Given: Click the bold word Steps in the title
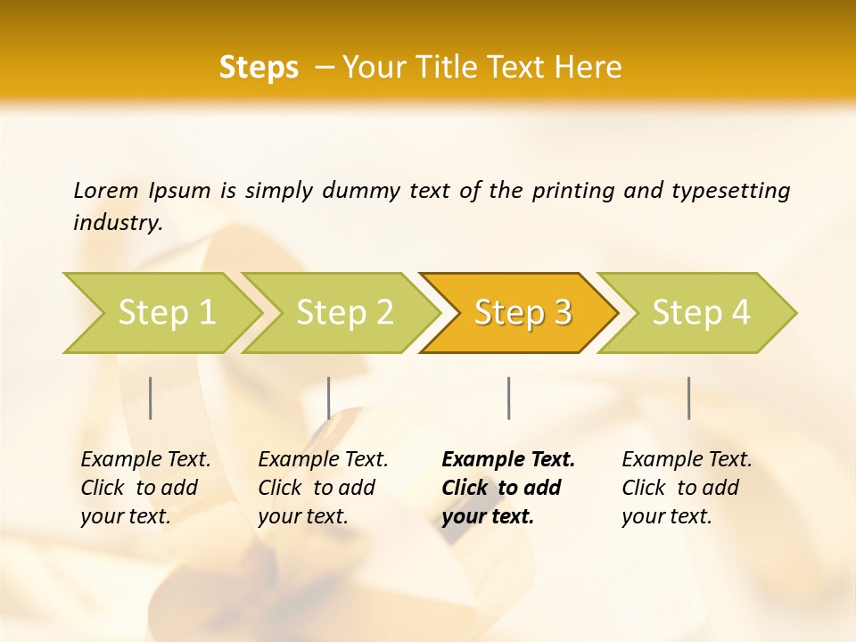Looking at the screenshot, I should click(x=259, y=68).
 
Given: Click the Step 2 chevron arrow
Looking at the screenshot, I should click(x=343, y=313).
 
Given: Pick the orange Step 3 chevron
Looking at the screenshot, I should click(x=522, y=313).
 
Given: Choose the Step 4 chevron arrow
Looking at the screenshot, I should click(x=700, y=313).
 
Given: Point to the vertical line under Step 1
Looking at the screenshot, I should click(x=151, y=398).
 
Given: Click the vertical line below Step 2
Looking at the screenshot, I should click(x=329, y=398).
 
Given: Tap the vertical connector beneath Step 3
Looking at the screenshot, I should click(x=508, y=398).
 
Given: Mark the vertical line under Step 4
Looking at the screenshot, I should click(x=688, y=398).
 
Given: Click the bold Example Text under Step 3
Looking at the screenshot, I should click(x=508, y=460).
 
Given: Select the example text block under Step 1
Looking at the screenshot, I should click(x=145, y=488).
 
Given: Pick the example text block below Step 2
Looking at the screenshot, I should click(x=323, y=488).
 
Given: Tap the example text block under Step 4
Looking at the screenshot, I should click(x=687, y=488).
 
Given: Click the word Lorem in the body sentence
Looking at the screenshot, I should click(x=106, y=191).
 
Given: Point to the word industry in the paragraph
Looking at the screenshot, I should click(x=118, y=223).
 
